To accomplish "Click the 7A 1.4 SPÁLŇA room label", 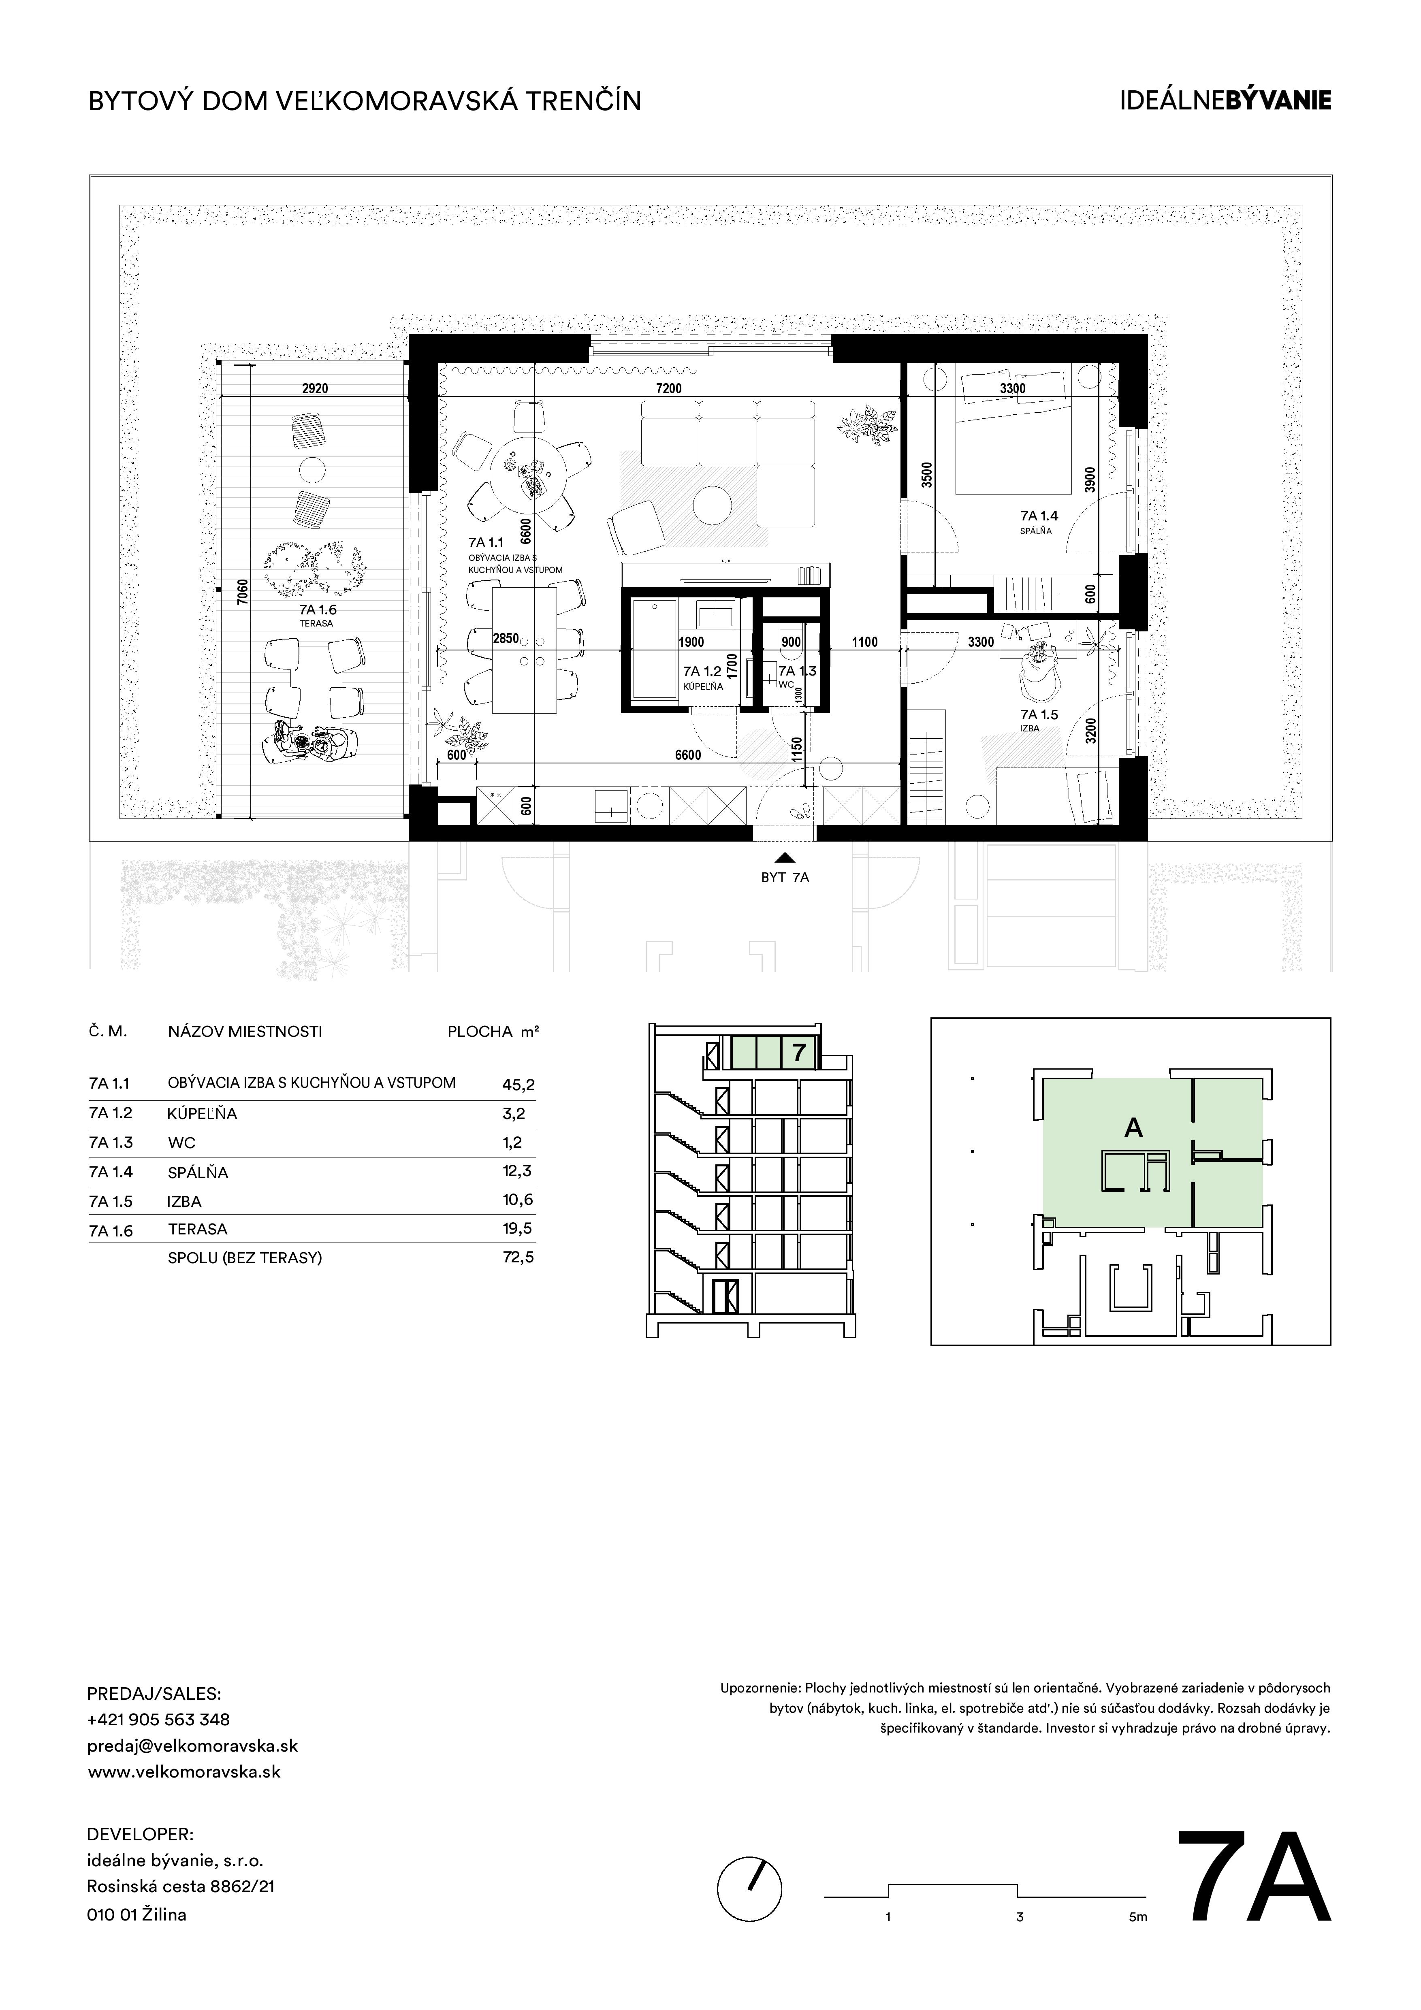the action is [x=1038, y=522].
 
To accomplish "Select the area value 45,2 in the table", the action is [x=518, y=1084].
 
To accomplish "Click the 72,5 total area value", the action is [x=518, y=1257].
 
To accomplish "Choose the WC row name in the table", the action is [x=181, y=1142].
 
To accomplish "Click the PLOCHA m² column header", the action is [x=493, y=1031].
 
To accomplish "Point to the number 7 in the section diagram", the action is [x=798, y=1053].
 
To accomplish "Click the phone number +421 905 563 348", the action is [x=158, y=1718].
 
